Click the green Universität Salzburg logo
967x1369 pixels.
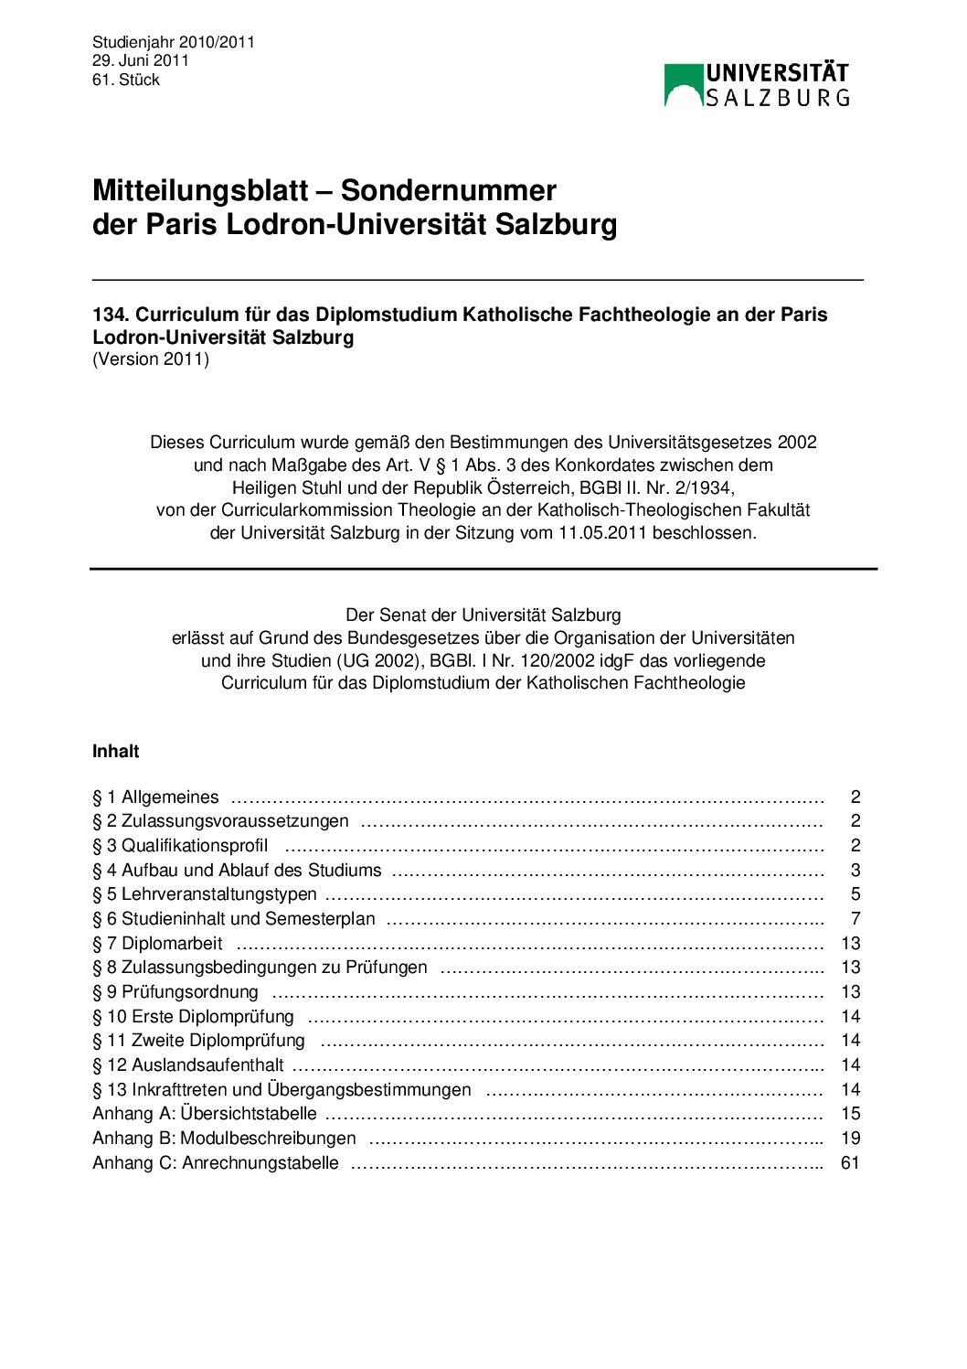pos(756,84)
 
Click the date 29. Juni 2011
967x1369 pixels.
pos(141,60)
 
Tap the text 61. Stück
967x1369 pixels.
pos(126,80)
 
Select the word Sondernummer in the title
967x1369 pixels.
pos(449,190)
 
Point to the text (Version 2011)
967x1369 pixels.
pos(151,359)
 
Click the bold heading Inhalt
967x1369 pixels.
pos(116,752)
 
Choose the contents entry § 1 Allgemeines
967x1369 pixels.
pos(156,797)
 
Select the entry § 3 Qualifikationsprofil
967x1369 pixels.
pos(180,846)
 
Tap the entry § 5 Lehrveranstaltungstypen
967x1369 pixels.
pos(205,894)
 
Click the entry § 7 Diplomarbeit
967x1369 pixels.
pos(157,944)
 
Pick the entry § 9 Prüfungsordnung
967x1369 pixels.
pos(175,992)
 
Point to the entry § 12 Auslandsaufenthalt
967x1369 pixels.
pos(188,1065)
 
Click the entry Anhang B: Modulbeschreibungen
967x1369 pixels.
pos(224,1139)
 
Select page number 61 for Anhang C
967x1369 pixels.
pos(850,1163)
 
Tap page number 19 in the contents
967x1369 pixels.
pos(850,1139)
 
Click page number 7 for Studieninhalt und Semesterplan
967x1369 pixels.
pos(855,919)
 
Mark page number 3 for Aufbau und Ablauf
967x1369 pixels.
pos(855,871)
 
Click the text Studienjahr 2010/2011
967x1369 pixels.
pos(174,42)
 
